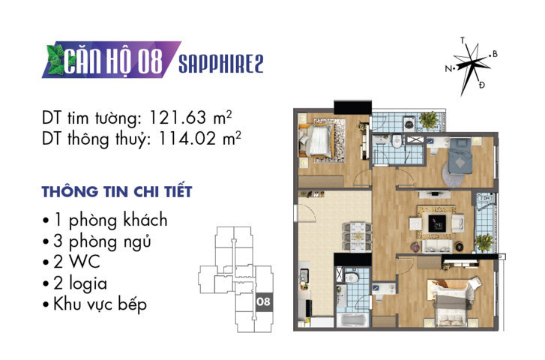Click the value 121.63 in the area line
(178, 118)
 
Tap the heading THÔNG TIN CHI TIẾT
(117, 191)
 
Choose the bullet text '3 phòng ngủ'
(101, 241)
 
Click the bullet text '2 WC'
(78, 262)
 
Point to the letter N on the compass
(448, 68)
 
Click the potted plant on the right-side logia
(484, 242)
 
